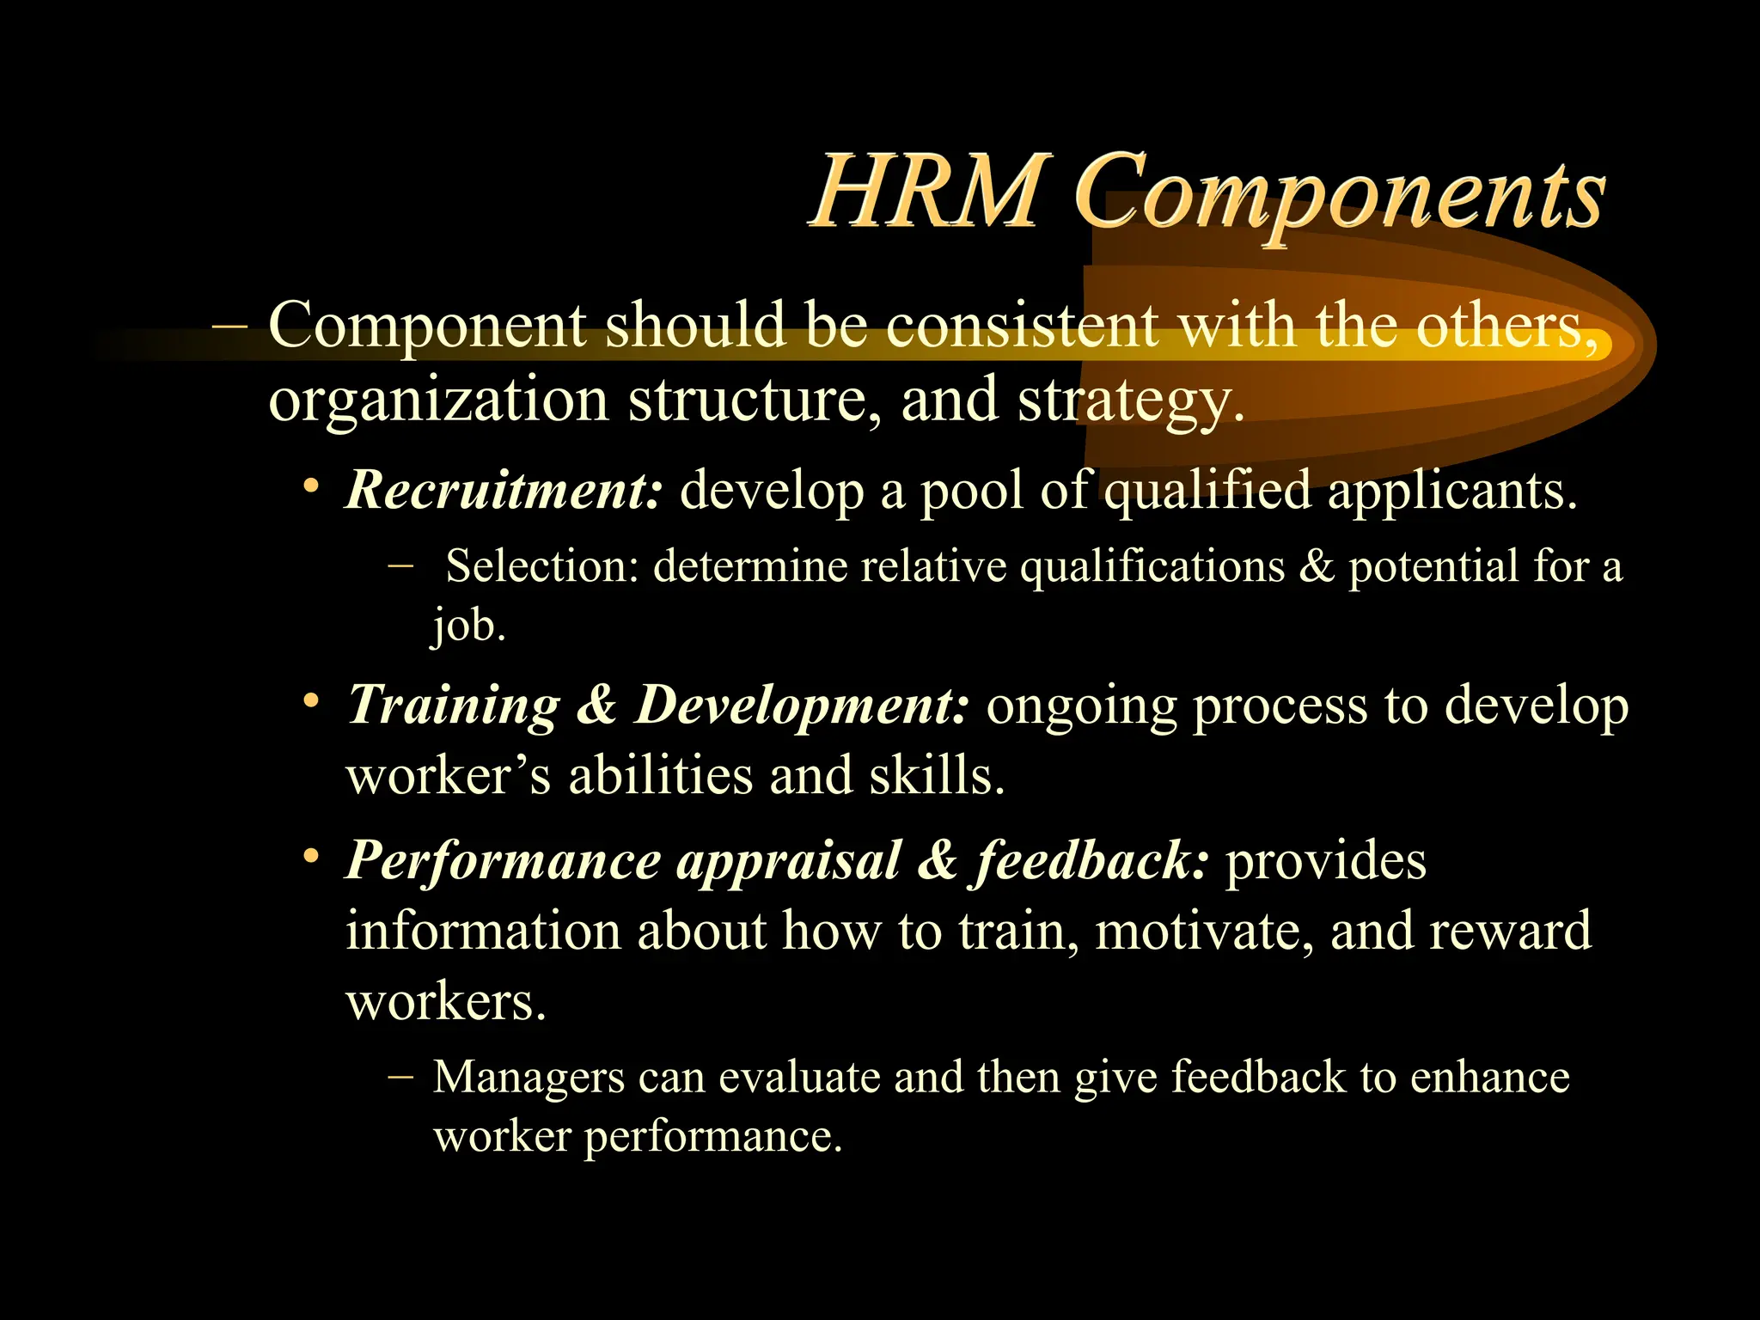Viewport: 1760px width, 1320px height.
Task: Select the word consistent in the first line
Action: (x=1022, y=326)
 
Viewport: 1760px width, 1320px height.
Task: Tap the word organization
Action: (x=438, y=400)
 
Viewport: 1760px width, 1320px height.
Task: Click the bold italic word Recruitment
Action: (x=504, y=490)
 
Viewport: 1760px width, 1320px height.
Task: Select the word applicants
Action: (x=1451, y=491)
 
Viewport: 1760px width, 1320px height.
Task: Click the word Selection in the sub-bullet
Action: (x=542, y=566)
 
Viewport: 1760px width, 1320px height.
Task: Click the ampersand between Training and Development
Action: (x=596, y=706)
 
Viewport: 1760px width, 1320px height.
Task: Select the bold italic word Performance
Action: (x=503, y=860)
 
